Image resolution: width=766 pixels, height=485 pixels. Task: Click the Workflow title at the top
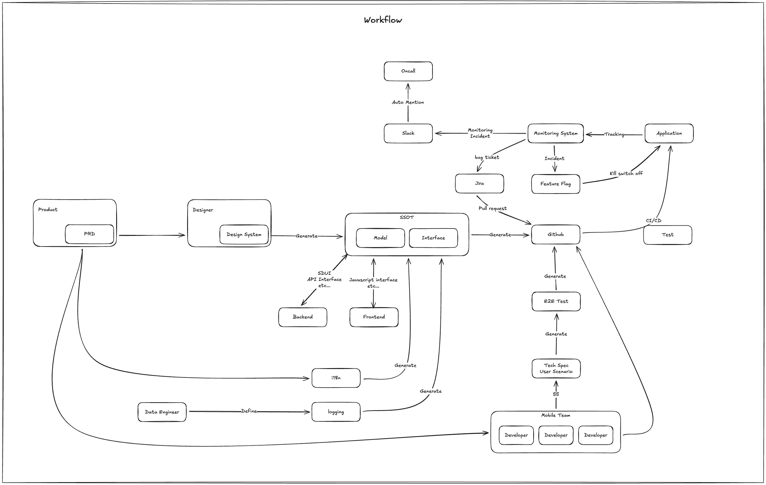[383, 20]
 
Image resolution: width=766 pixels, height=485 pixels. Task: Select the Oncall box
[408, 71]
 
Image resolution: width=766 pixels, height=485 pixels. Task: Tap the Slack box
[408, 133]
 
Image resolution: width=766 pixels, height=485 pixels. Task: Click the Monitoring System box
[555, 133]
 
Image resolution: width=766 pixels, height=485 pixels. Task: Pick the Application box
[669, 133]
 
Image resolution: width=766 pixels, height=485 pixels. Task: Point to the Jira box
[479, 183]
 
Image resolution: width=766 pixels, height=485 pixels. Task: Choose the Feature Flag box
[555, 184]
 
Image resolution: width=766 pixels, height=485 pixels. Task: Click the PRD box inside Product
[89, 234]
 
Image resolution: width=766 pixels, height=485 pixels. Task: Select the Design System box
[244, 235]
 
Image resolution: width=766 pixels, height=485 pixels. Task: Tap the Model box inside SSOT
[380, 238]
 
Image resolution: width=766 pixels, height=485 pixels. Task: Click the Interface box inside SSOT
[433, 238]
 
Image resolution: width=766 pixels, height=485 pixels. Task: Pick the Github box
[555, 234]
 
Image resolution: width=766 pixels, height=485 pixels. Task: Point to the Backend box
[303, 317]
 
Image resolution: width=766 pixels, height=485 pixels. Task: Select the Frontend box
[374, 317]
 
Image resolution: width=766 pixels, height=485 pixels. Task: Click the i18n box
[336, 378]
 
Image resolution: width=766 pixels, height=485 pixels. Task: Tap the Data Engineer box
[162, 412]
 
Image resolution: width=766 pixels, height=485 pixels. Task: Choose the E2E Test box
[556, 302]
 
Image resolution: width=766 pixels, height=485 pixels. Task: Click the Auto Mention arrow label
[408, 102]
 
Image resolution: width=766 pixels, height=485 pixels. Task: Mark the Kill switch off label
[626, 173]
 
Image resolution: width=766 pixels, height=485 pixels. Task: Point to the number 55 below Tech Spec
[556, 394]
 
